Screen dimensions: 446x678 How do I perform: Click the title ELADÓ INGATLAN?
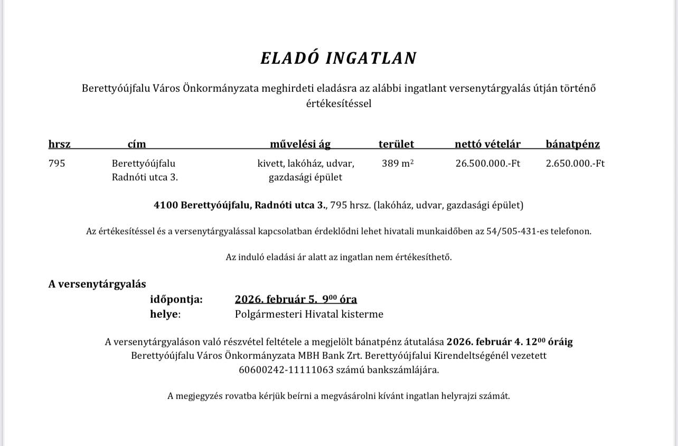[338, 58]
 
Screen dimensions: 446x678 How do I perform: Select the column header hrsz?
[59, 144]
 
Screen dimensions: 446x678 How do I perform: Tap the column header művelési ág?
[300, 144]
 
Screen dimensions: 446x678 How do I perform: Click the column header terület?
[396, 144]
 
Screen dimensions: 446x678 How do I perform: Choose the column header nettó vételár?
[487, 144]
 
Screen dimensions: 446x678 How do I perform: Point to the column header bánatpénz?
[572, 144]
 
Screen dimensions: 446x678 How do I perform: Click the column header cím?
[137, 144]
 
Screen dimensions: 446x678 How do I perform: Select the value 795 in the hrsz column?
[56, 164]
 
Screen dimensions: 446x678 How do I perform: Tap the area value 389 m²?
[397, 164]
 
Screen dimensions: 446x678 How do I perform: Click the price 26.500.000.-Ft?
[487, 164]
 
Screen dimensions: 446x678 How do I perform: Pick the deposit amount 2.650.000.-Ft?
[575, 164]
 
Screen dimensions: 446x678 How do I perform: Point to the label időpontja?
[176, 300]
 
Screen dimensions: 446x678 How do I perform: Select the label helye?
[165, 315]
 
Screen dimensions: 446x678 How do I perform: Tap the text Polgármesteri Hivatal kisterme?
[309, 315]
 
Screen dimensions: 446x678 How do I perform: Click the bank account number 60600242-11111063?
[286, 370]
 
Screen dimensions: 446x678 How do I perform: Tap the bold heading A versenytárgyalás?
[97, 284]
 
